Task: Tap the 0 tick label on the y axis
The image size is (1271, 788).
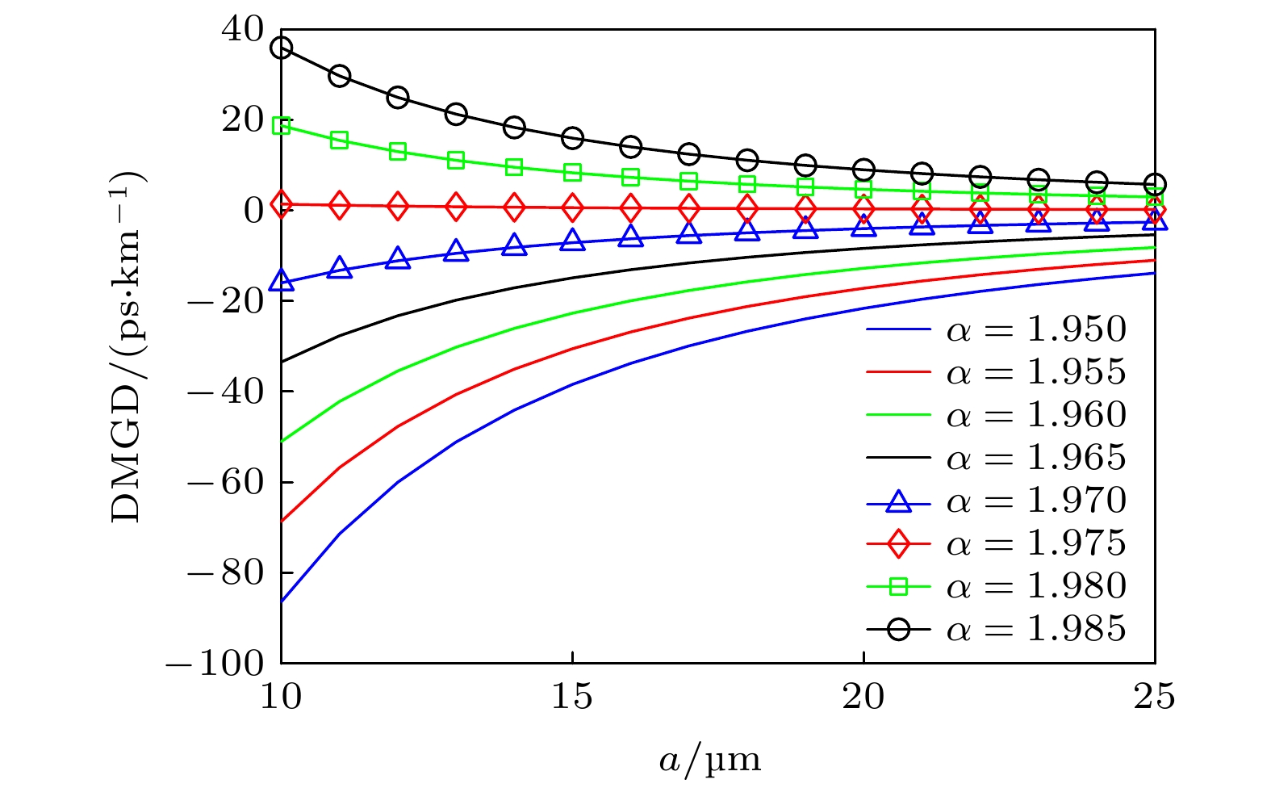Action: click(254, 211)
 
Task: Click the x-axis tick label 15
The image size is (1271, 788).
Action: click(572, 697)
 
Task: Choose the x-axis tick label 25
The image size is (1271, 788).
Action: click(1154, 697)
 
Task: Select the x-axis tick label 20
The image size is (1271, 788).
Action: click(863, 697)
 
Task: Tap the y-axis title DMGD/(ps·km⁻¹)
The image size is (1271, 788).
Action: click(127, 347)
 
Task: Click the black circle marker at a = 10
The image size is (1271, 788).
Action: click(281, 48)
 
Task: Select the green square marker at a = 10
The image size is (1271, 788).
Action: click(281, 125)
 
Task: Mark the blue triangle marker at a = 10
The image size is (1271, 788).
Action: click(281, 281)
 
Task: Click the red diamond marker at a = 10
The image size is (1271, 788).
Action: click(281, 204)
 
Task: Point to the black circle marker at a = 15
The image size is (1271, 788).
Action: click(572, 138)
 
